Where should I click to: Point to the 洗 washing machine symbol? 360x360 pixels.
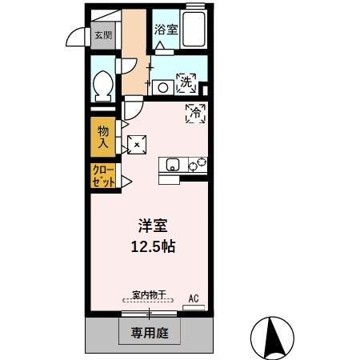[186, 81]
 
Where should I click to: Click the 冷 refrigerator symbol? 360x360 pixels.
[194, 114]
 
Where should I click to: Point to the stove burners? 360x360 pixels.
[197, 165]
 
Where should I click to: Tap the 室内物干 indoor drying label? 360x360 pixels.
[148, 295]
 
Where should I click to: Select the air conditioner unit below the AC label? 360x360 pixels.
[192, 308]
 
